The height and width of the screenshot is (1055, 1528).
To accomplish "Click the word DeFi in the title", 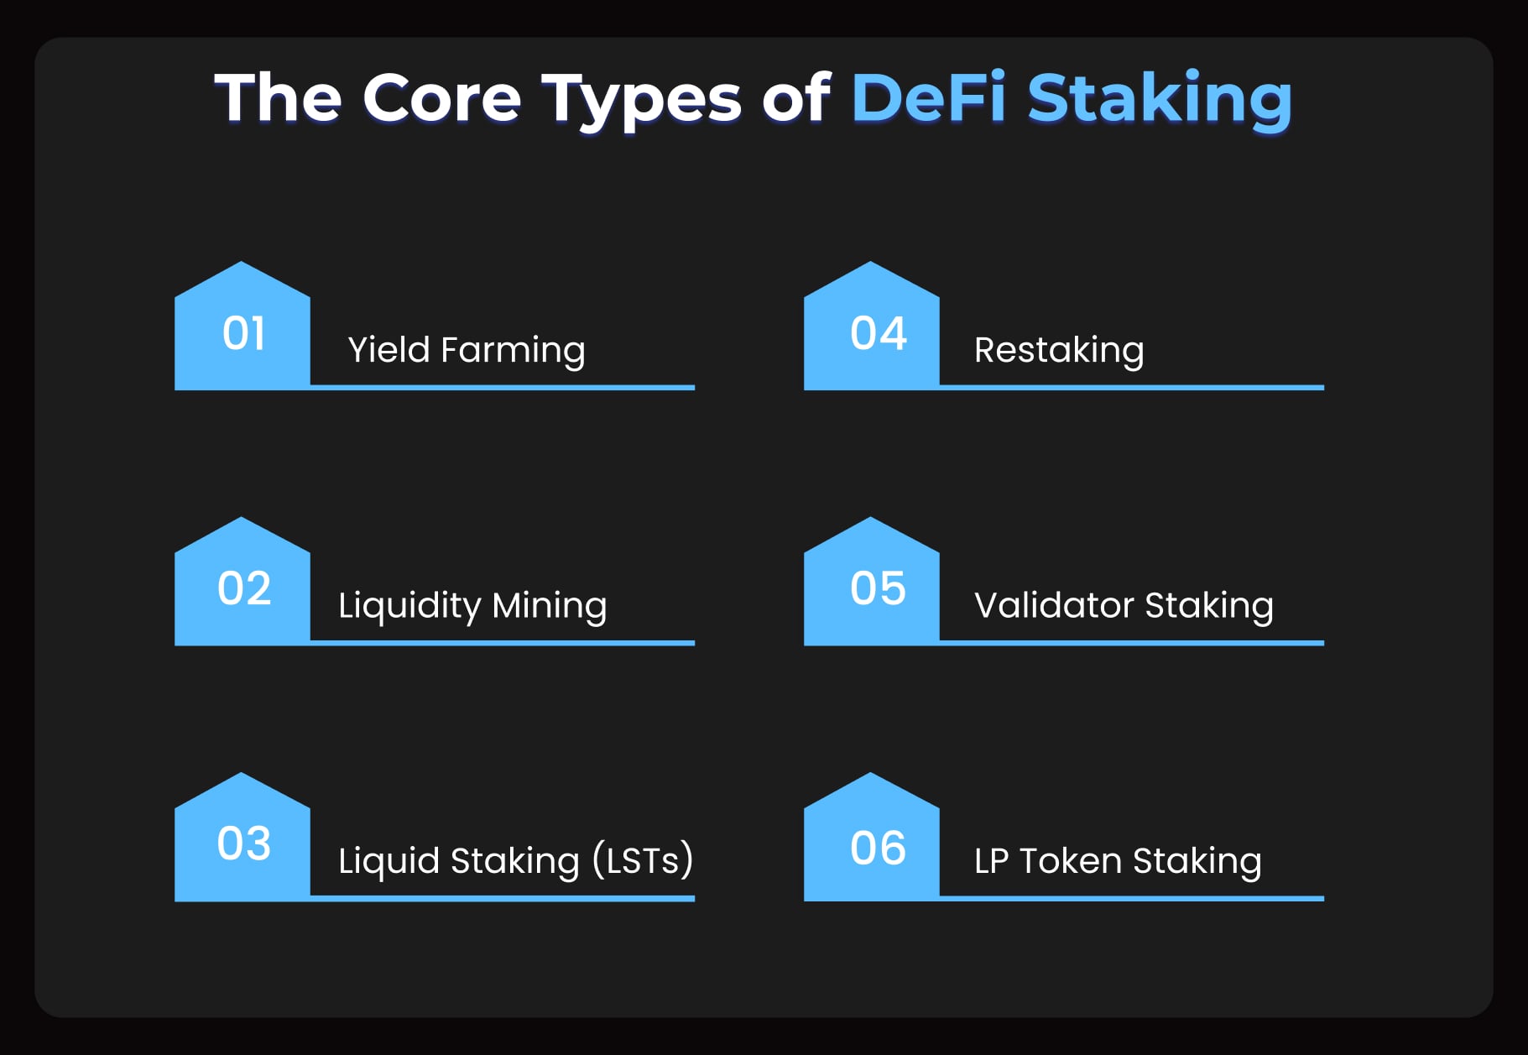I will click(928, 98).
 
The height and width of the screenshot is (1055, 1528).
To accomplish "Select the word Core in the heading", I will click(442, 98).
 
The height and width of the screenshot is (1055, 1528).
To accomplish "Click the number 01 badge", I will click(242, 333).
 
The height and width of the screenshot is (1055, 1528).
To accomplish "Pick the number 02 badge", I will click(242, 588).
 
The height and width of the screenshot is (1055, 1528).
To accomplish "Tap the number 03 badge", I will click(242, 843).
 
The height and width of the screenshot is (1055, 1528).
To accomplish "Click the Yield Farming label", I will click(467, 350).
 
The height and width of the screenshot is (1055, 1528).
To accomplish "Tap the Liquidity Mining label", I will click(472, 606).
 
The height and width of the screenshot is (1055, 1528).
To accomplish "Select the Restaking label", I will click(1059, 350).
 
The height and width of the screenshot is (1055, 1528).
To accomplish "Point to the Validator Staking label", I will click(1124, 605).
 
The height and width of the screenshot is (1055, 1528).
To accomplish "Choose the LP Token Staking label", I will click(1118, 861).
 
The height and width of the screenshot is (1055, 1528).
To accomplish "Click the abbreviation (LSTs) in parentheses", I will click(643, 860).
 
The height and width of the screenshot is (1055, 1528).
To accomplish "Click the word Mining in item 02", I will click(549, 606).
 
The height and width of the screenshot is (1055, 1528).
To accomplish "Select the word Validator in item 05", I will click(1054, 605).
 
